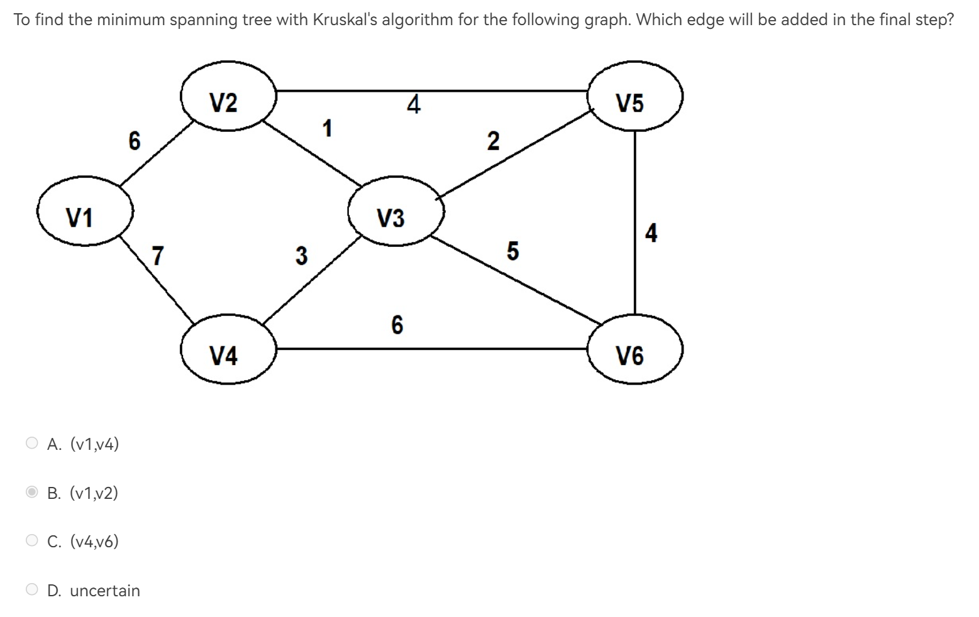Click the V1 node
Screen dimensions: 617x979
pyautogui.click(x=85, y=212)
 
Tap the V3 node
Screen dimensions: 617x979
pyautogui.click(x=395, y=212)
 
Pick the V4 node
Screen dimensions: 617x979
pyautogui.click(x=228, y=350)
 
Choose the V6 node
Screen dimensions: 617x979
pyautogui.click(x=634, y=350)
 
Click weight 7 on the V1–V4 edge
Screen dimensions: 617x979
pyautogui.click(x=158, y=256)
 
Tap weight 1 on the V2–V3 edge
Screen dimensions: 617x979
pyautogui.click(x=327, y=128)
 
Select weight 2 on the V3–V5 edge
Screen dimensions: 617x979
pyautogui.click(x=494, y=141)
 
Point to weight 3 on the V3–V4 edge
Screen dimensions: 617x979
pyautogui.click(x=302, y=256)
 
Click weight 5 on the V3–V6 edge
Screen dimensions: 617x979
pyautogui.click(x=512, y=251)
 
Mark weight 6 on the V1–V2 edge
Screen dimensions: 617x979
pyautogui.click(x=135, y=140)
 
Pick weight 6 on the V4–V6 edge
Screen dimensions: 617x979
pyautogui.click(x=397, y=325)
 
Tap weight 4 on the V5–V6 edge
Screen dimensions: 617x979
pyautogui.click(x=651, y=232)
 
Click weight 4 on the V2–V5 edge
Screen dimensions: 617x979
pyautogui.click(x=413, y=104)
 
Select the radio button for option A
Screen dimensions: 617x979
pyautogui.click(x=32, y=444)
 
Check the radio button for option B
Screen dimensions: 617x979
pyautogui.click(x=32, y=492)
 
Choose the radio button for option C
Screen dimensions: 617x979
pyautogui.click(x=32, y=540)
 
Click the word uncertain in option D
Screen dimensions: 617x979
pyautogui.click(x=105, y=591)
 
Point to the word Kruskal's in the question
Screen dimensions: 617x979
pyautogui.click(x=345, y=19)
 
